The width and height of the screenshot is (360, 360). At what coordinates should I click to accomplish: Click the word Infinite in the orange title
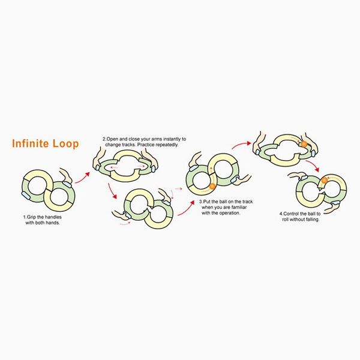point(31,143)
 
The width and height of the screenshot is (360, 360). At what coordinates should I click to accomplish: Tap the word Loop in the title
point(66,144)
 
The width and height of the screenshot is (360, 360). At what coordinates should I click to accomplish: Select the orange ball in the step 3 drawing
point(212,186)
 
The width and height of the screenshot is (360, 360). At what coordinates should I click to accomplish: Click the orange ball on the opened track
point(304,144)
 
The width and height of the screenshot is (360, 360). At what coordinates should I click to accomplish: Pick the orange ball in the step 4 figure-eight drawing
point(324,181)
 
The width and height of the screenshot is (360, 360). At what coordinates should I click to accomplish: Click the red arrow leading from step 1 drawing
point(82,178)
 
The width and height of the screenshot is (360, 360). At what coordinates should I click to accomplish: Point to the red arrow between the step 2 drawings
point(113,191)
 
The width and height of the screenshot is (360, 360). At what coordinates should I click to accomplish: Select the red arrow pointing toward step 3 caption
point(186,208)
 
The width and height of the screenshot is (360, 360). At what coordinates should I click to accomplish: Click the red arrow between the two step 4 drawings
point(313,166)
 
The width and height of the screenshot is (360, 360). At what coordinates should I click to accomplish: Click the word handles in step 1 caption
point(53,217)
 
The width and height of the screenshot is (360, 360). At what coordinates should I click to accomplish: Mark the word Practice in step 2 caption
point(146,145)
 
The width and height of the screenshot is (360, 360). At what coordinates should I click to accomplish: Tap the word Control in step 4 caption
point(290,214)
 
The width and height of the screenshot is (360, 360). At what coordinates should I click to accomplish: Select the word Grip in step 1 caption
point(31,217)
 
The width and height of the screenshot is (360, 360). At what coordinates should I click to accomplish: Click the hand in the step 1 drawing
point(65,177)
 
